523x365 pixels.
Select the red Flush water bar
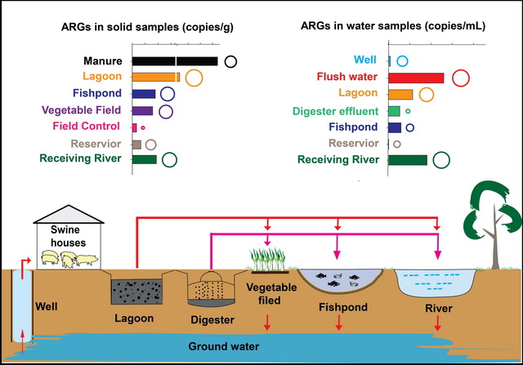(x=416, y=78)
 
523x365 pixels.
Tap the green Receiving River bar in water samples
(x=408, y=160)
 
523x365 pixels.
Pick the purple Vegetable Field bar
(x=142, y=110)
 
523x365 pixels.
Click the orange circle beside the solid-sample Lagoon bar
(x=194, y=78)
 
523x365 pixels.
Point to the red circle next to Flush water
(x=459, y=78)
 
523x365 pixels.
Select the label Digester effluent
(x=337, y=111)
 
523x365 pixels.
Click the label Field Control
(x=86, y=127)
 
